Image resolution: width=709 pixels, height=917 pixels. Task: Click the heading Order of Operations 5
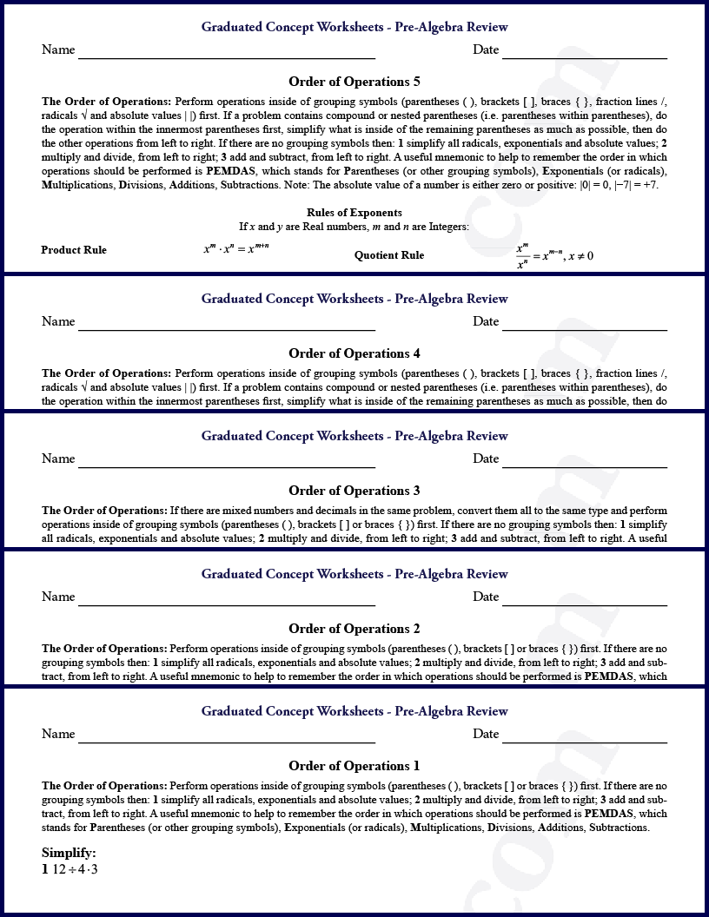click(x=354, y=82)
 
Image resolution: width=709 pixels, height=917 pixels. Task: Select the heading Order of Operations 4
click(x=354, y=353)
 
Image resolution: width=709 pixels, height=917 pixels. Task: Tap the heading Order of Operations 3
click(x=354, y=491)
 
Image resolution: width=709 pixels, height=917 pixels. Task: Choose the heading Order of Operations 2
click(x=354, y=629)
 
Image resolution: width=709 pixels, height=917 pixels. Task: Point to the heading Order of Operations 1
click(x=354, y=766)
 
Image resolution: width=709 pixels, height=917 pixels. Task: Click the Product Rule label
click(x=74, y=250)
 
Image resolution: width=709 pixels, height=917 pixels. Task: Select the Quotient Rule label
click(x=389, y=255)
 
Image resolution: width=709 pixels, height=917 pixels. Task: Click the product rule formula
click(x=236, y=248)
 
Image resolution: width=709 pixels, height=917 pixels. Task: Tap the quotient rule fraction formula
click(x=554, y=256)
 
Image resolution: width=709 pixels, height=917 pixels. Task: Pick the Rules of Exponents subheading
click(x=354, y=213)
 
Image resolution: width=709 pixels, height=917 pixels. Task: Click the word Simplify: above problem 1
click(x=69, y=853)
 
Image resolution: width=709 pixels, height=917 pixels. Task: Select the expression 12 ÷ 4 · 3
click(x=75, y=868)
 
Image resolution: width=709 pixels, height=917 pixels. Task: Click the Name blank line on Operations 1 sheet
click(x=227, y=742)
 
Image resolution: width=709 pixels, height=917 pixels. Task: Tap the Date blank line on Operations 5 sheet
click(x=585, y=57)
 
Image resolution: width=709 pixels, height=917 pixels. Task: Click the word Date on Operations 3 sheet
click(x=486, y=458)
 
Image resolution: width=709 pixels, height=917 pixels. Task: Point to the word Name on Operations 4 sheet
click(x=58, y=321)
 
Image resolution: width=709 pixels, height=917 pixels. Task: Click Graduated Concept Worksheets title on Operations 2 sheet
click(x=354, y=574)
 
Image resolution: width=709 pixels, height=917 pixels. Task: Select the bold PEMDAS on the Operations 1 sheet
click(x=609, y=814)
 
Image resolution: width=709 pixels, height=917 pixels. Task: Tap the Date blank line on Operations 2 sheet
click(x=585, y=604)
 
